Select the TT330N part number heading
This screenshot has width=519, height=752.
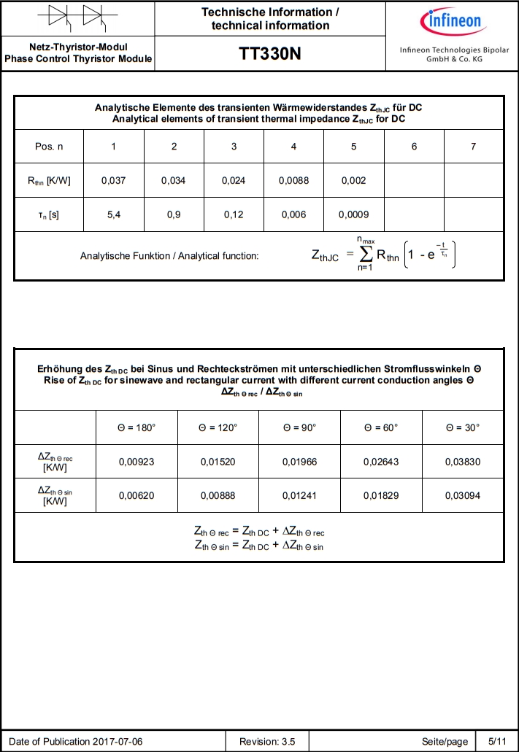point(270,55)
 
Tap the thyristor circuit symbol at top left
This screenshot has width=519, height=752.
point(77,18)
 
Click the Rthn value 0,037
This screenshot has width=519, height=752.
point(113,181)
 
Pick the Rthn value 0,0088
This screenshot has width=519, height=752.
point(293,181)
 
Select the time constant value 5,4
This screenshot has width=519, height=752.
point(113,215)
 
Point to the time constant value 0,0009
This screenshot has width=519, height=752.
point(353,215)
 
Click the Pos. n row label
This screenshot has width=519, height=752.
point(49,147)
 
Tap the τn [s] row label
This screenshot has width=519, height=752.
point(49,215)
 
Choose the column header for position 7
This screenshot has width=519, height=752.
point(473,147)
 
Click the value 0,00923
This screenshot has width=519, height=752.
point(137,461)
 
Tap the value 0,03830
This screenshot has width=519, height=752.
point(463,461)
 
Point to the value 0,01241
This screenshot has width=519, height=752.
point(299,495)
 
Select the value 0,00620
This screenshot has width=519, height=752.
point(137,495)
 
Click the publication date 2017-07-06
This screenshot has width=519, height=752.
point(117,742)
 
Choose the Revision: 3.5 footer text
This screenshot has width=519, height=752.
point(267,742)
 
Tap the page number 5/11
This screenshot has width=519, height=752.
point(496,742)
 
